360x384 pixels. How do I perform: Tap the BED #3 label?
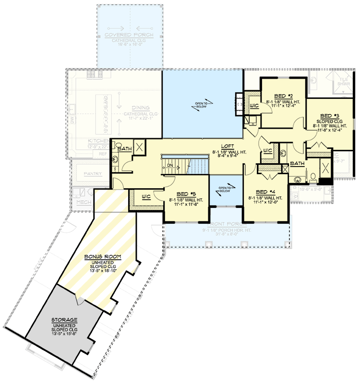point(330,116)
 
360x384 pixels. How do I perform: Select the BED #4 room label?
point(265,191)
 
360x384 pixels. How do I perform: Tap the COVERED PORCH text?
point(130,36)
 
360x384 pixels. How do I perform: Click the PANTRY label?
point(92,173)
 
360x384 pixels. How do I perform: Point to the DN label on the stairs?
point(170,166)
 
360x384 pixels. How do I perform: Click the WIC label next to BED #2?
point(253,105)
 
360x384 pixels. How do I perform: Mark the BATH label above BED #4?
point(297,164)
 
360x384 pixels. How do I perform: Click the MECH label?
point(84,203)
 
